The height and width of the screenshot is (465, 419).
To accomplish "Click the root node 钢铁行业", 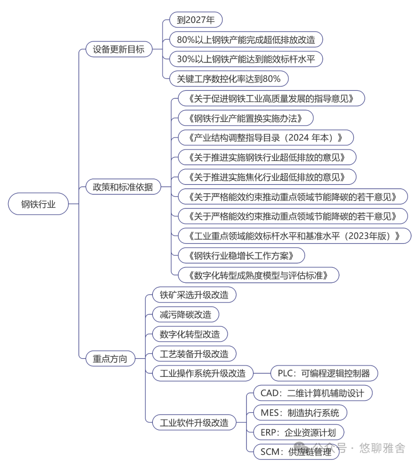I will pos(38,204).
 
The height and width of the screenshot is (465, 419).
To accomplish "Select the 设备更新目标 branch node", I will pos(118,49).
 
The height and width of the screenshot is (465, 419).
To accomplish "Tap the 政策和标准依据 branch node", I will pos(123,187).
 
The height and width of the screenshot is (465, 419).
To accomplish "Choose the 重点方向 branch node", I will pos(110,359).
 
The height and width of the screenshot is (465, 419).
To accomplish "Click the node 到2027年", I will pos(196,20).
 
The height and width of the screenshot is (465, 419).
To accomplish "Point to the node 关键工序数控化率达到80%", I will pos(229,79).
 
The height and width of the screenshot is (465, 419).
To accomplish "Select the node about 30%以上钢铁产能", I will pos(246,59).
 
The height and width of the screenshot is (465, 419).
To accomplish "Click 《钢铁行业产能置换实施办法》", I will pos(245,118).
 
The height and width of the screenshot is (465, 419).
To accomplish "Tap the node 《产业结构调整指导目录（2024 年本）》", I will pos(265,138).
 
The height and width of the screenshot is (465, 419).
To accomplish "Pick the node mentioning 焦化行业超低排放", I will pos(267,177).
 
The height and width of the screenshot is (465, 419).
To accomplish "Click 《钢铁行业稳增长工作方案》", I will pos(241,256).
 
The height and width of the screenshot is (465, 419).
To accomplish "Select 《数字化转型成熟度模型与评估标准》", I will pos(258,275).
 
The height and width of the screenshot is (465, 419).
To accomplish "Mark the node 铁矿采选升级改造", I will pos(194,295).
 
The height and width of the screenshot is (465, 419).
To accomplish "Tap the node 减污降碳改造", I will pos(185,315).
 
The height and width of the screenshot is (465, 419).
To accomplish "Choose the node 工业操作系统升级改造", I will pos(203,373).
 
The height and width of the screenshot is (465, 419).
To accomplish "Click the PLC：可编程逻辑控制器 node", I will pos(324,373).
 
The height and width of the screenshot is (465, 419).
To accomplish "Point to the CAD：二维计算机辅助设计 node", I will pos(312,393).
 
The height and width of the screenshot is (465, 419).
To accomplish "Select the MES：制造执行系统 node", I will pos(300,413).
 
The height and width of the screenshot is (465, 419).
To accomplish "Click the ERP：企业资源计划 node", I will pos(298,432).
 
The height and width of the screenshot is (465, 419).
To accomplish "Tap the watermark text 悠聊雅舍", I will pos(382,448).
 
